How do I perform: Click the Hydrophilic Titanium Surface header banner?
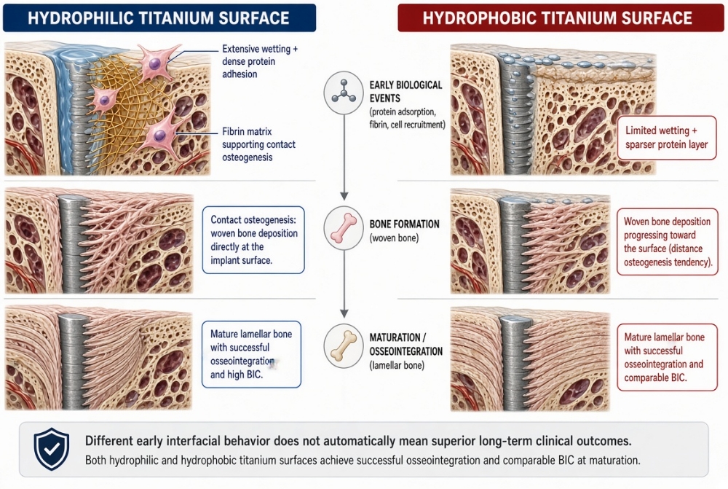159,17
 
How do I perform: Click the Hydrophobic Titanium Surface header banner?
561,17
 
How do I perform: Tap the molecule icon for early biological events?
344,92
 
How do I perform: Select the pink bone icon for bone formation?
344,228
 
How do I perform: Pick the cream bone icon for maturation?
344,347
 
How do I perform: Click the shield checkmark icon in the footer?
52,449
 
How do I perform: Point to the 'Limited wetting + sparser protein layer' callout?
666,138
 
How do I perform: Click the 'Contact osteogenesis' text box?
253,240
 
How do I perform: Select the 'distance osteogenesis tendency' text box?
667,242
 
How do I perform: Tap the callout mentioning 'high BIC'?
251,354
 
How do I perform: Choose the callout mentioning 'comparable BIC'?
667,357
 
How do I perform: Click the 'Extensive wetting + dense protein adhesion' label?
260,61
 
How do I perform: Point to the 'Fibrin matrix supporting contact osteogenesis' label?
258,144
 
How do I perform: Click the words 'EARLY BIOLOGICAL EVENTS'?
405,92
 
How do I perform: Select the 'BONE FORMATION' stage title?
404,224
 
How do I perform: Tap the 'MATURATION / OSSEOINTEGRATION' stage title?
405,345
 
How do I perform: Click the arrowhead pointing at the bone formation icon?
344,196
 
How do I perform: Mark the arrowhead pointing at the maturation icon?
344,313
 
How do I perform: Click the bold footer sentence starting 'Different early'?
358,441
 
